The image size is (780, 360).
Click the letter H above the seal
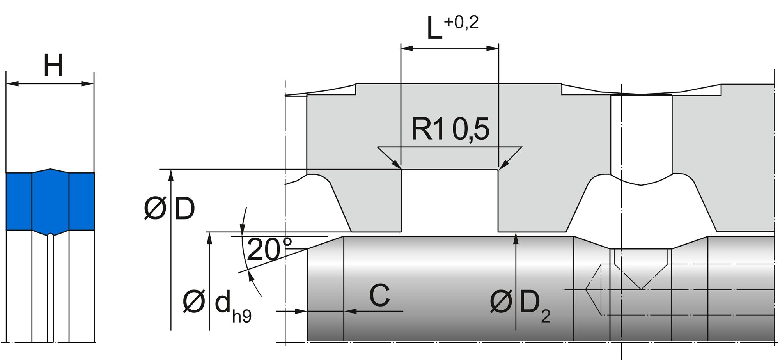tap(53, 66)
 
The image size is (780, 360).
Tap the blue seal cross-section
tap(50, 201)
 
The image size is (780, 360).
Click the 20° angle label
tap(269, 250)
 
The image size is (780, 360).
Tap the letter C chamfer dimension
tap(379, 295)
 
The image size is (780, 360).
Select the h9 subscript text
tap(242, 316)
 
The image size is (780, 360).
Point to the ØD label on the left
tap(169, 210)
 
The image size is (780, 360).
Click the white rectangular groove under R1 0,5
tap(450, 201)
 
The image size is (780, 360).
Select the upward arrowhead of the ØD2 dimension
tap(516, 238)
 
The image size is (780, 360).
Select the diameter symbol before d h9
tap(193, 303)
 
